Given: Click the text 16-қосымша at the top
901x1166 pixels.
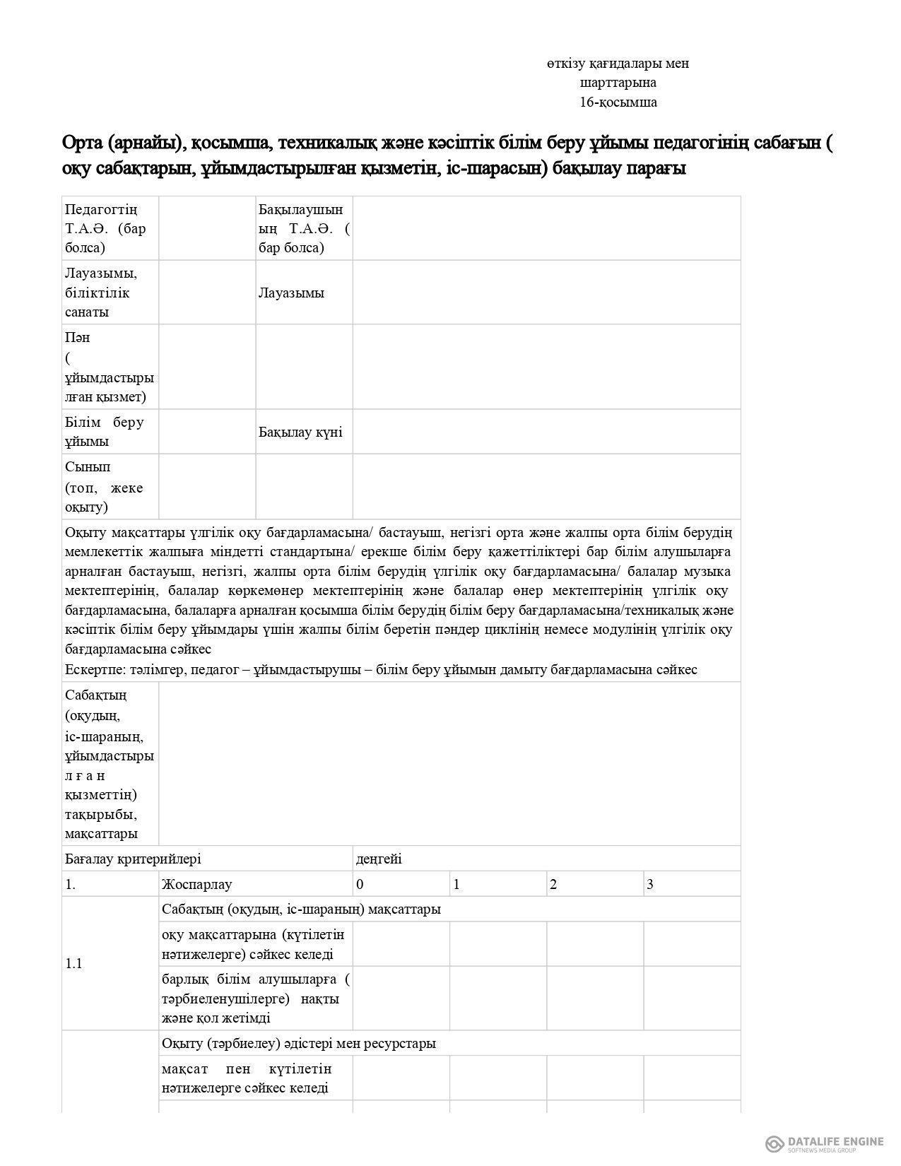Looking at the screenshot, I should [x=618, y=102].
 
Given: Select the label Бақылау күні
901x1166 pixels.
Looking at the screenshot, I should [x=300, y=432].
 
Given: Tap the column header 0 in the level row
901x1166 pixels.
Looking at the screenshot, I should [x=360, y=884].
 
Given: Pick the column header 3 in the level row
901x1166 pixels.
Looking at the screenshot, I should [x=650, y=884].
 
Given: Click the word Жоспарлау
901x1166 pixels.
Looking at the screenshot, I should [x=196, y=884].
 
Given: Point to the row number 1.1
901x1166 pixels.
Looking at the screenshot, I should [x=73, y=963].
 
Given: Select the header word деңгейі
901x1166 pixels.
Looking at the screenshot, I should [x=379, y=859].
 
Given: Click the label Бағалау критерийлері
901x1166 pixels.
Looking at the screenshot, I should [x=133, y=859].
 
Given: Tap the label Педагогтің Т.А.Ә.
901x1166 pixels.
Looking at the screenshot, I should [x=105, y=228].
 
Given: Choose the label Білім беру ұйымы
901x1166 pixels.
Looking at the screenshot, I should [x=105, y=432].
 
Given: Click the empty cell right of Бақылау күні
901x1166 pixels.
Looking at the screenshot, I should [x=546, y=432].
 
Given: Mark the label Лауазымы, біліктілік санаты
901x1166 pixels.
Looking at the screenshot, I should [x=100, y=292].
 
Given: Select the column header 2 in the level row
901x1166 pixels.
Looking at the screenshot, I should [x=553, y=884].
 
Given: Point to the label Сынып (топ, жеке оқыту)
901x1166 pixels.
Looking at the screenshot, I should [x=104, y=487].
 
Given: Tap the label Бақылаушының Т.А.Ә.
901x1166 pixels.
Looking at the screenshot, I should [x=303, y=228].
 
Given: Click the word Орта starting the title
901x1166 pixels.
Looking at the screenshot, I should [x=83, y=143].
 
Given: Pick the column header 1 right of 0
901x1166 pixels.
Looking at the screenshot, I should [x=457, y=884].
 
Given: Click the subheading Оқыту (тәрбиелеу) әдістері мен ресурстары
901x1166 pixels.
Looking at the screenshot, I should [x=299, y=1043].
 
